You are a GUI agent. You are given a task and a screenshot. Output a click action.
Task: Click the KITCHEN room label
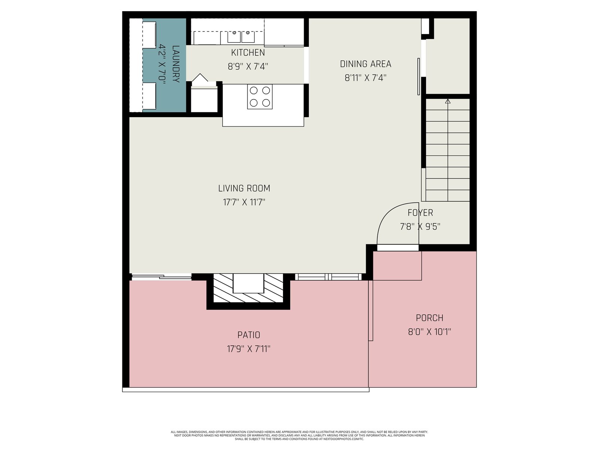point(248,53)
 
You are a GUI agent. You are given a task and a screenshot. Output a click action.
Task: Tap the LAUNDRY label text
point(176,64)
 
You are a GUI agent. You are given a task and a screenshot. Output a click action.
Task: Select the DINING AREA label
point(365,64)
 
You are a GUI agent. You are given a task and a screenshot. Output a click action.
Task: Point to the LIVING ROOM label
point(244,188)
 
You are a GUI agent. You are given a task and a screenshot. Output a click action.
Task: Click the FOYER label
point(420,213)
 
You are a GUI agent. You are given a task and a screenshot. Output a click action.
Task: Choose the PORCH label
point(429,318)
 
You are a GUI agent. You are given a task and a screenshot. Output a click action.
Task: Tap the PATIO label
point(249,335)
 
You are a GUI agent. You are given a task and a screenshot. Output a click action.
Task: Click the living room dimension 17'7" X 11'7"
point(244,202)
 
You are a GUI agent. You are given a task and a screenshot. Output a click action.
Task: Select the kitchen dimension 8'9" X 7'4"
point(248,67)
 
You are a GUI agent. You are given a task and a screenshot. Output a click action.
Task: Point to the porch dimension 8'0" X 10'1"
point(429,332)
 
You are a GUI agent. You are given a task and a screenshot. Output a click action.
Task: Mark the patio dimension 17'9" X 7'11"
point(249,349)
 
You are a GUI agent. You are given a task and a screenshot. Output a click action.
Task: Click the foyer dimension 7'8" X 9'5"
point(420,226)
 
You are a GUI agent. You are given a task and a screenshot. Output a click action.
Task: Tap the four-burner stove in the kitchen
point(260,97)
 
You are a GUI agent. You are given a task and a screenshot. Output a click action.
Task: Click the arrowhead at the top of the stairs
point(448,101)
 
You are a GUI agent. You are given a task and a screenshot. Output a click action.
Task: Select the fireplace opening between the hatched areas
point(248,284)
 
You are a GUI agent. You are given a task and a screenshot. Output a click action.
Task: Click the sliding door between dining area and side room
point(419,76)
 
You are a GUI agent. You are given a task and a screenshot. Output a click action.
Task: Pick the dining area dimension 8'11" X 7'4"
point(365,78)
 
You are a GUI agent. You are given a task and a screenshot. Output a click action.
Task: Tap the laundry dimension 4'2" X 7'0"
point(162,64)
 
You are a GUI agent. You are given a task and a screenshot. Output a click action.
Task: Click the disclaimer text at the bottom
point(299,436)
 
